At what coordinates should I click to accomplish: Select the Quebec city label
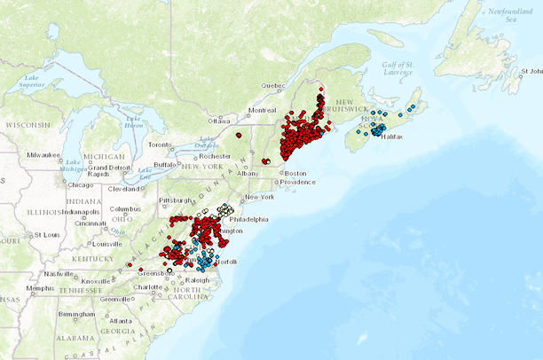273,86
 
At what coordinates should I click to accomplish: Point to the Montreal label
263,110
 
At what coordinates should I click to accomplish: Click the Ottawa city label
218,121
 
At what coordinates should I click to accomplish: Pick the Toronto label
159,144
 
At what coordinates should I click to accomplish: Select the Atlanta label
122,320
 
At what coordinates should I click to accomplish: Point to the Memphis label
39,287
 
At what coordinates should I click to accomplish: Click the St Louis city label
41,235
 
